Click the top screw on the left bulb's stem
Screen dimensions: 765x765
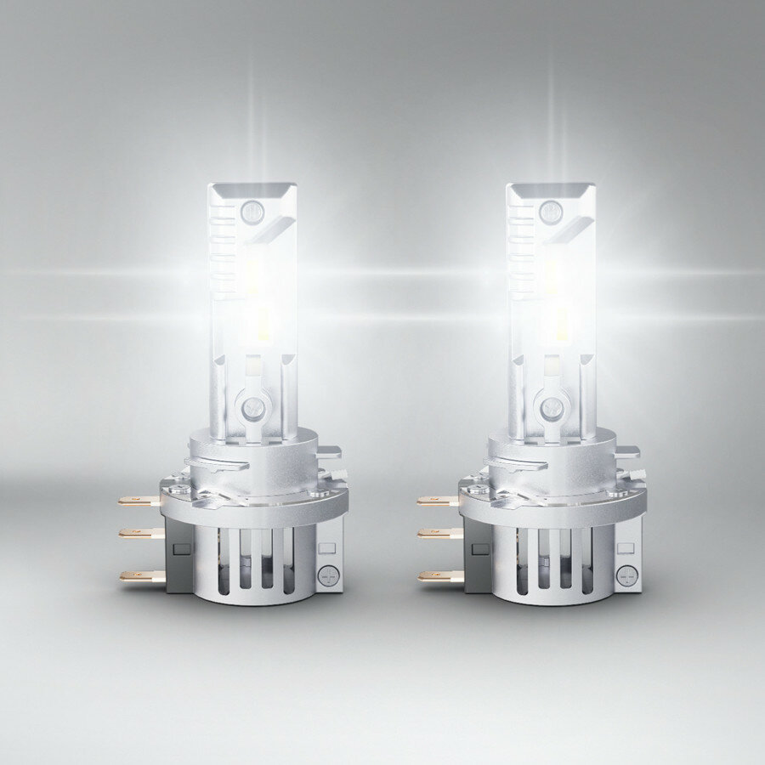point(252,211)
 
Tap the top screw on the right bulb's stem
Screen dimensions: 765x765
point(551,211)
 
